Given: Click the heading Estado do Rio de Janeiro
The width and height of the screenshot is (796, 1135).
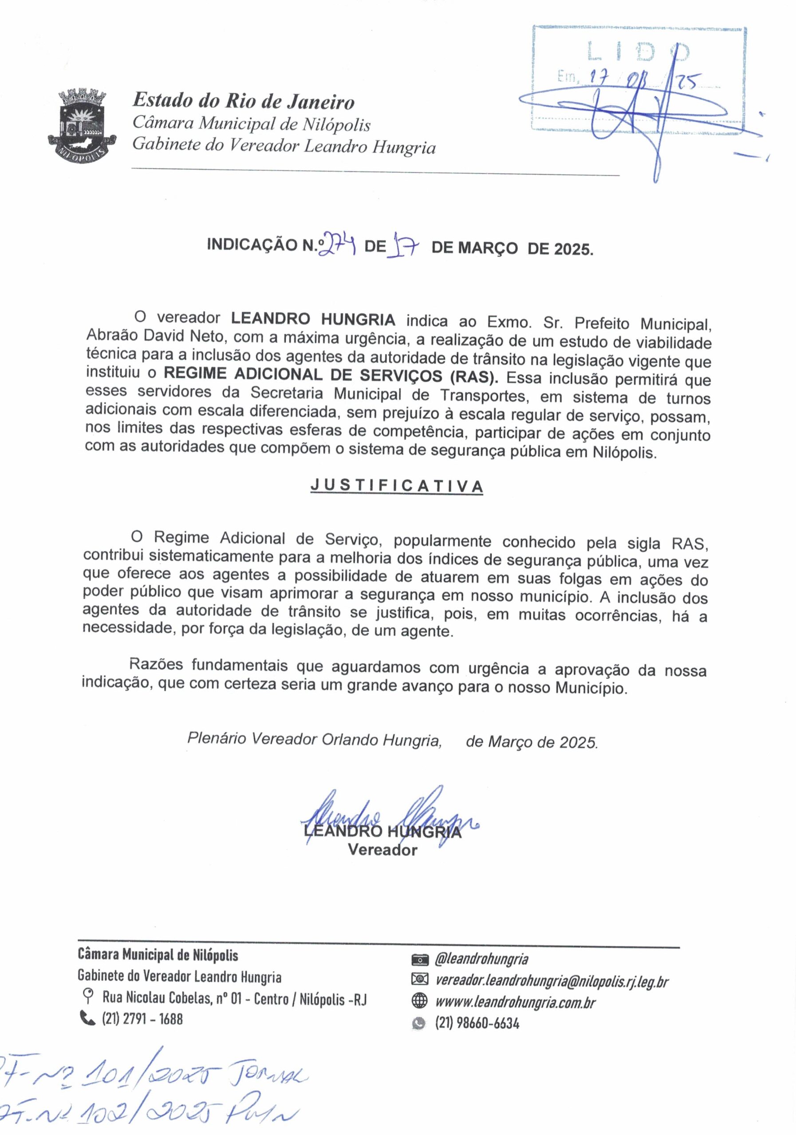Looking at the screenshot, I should [x=244, y=102].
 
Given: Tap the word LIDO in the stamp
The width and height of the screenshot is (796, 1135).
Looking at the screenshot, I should [x=638, y=51].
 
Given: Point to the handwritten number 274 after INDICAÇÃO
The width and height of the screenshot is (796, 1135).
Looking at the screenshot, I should [x=338, y=244].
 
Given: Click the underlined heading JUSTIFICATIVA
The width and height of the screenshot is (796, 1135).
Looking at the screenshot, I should [x=396, y=486].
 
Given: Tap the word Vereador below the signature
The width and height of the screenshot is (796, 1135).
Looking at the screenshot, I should [x=382, y=850].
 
